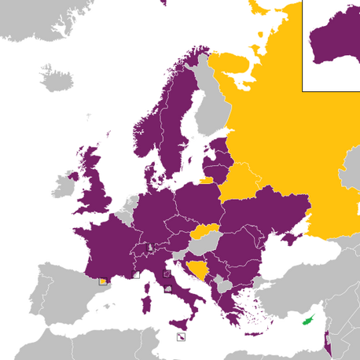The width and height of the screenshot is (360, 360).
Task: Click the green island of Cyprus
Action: tap(308, 319)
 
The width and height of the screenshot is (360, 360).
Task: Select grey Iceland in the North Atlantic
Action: tap(57, 79)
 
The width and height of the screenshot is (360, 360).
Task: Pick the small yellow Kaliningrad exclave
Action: tap(205, 180)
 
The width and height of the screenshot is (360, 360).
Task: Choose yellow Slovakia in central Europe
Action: tap(206, 231)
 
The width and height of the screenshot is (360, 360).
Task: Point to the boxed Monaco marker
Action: tap(135, 274)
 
